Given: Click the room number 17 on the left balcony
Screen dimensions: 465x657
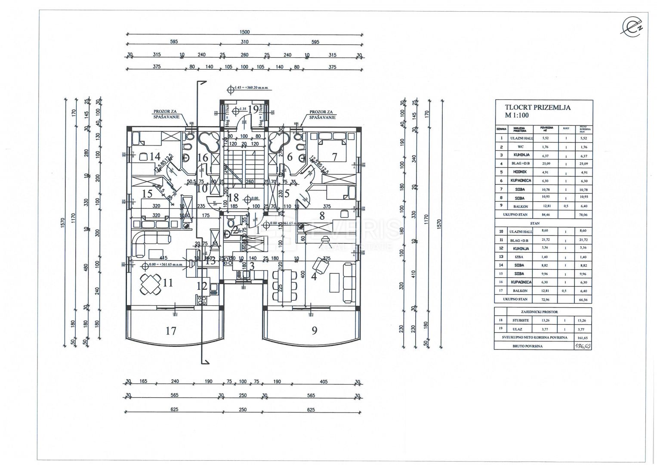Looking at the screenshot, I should point(171,331).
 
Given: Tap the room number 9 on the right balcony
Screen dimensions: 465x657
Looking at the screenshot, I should point(315,331).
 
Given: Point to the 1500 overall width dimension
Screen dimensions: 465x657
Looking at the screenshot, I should point(244,32).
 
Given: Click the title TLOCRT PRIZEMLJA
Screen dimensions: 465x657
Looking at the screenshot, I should point(538,108).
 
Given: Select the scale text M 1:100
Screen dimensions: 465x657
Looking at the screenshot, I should point(517,115).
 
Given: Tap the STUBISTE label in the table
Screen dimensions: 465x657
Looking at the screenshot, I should point(521,320).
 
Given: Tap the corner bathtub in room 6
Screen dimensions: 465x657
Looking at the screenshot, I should point(279,140).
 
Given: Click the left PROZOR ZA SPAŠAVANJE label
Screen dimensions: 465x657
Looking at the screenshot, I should point(165,114).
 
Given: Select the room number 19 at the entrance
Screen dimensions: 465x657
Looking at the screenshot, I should point(253,109).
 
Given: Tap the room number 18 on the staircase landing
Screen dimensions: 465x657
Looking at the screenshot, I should point(234,198).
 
